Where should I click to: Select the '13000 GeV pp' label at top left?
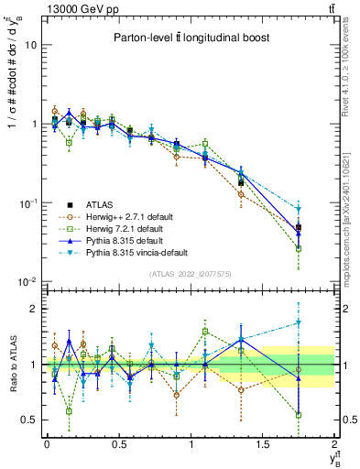pyautogui.click(x=80, y=8)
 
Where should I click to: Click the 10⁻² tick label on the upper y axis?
pyautogui.click(x=27, y=281)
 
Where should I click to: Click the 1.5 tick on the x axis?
pyautogui.click(x=263, y=444)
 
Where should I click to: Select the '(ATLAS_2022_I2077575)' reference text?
pyautogui.click(x=190, y=273)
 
